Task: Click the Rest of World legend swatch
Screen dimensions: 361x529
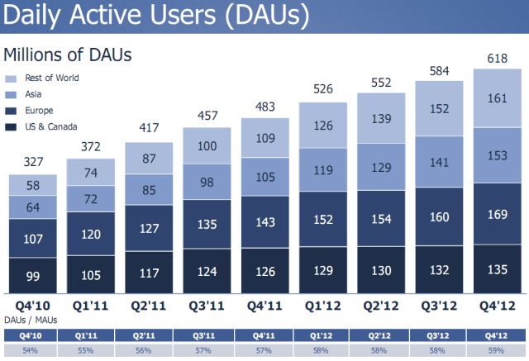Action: tap(11, 78)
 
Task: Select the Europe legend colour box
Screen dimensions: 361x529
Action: tap(11, 111)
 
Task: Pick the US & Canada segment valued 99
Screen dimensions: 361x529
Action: tap(33, 275)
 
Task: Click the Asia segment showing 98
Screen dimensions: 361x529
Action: tap(207, 183)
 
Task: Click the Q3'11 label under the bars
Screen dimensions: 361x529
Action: tap(207, 306)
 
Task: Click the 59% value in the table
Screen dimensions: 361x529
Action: tap(498, 350)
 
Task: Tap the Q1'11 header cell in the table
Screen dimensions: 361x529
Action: tap(91, 335)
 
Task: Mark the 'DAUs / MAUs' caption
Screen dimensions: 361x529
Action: tap(29, 320)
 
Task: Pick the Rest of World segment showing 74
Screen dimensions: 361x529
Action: tap(91, 173)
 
